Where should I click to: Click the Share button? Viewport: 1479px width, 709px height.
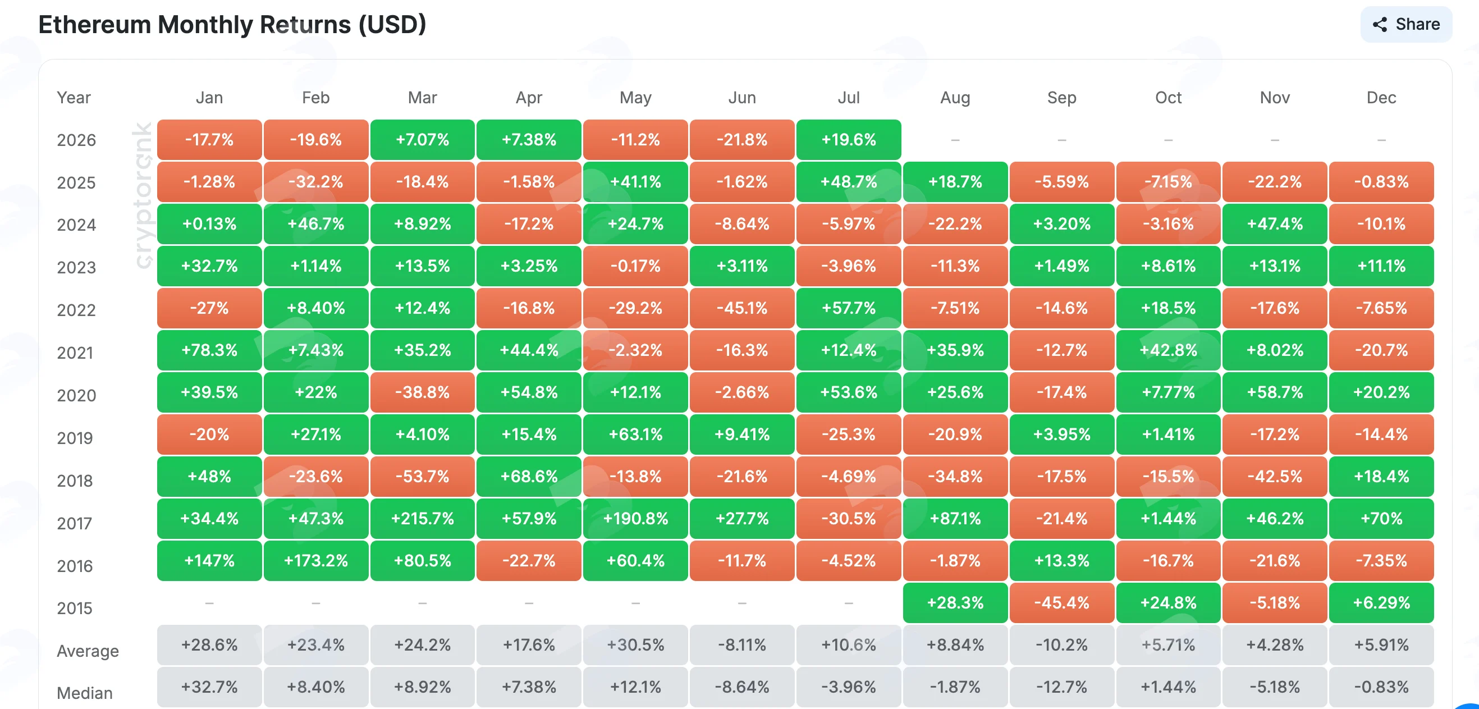1405,24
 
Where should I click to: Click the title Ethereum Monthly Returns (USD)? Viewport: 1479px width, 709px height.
232,25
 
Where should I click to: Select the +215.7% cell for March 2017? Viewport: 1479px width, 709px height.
423,518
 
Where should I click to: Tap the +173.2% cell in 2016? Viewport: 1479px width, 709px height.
316,560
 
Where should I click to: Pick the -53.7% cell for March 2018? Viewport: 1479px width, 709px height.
423,477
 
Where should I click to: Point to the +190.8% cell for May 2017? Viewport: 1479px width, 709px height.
635,518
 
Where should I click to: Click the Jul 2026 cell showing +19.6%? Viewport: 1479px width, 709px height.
849,140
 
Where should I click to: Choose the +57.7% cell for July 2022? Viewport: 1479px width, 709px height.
849,308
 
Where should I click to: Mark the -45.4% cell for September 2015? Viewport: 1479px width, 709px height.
1061,603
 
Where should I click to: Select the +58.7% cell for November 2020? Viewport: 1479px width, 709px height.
1275,392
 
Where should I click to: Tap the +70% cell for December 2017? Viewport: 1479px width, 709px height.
1381,518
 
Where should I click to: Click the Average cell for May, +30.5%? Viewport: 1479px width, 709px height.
635,644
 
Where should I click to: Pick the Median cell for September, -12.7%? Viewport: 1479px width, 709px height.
1061,687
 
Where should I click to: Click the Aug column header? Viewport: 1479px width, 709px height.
955,98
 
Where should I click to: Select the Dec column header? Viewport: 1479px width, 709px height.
1381,98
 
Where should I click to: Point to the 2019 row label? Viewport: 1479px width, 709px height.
75,438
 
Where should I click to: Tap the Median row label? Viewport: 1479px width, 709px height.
85,693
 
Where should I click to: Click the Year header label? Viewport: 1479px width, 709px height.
74,98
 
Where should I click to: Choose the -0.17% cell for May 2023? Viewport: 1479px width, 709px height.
635,266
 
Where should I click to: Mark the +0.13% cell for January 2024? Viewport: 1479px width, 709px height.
209,224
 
